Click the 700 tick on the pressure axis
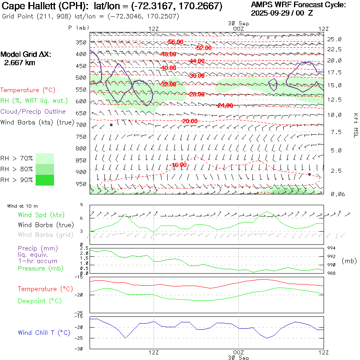point(82,125)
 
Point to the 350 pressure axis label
point(82,42)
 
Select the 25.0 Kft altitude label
point(334,39)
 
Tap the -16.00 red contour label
point(178,165)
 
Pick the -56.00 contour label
point(175,42)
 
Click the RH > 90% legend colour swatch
point(45,180)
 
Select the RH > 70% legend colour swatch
point(45,158)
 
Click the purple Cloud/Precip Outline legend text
point(33,112)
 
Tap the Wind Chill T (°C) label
point(44,332)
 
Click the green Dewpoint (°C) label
point(40,301)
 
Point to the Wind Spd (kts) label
point(41,215)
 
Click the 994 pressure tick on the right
point(332,248)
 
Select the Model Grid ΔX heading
point(26,55)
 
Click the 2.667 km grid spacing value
point(20,63)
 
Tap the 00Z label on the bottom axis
point(238,352)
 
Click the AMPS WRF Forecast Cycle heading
point(298,5)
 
